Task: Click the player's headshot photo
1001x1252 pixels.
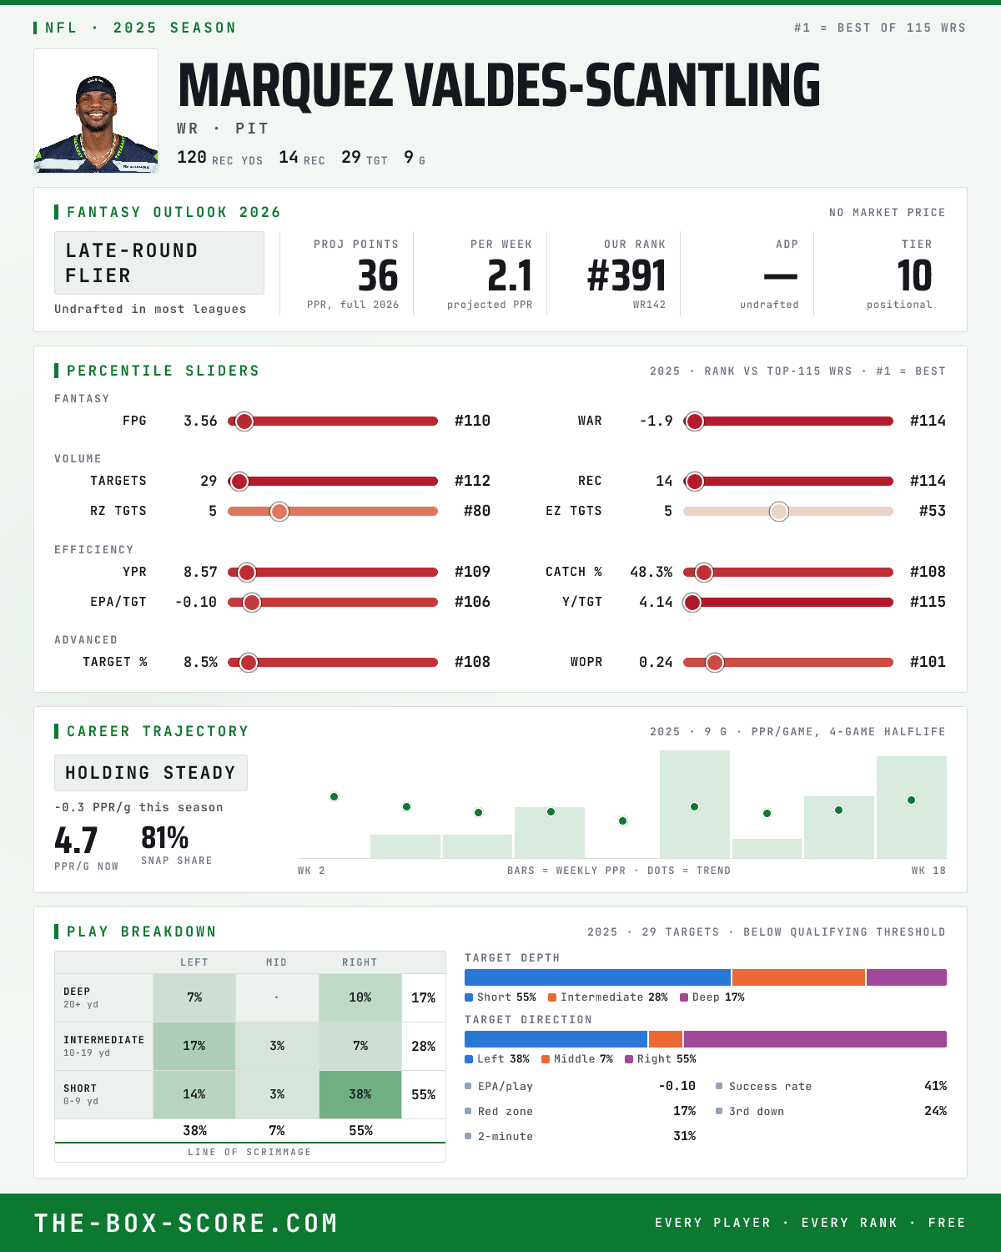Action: pos(96,111)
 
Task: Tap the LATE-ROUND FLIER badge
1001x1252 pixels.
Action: pos(158,263)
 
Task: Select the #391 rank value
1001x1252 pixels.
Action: pos(626,275)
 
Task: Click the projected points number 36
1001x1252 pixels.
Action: pos(378,275)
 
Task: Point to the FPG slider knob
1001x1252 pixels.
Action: pos(244,422)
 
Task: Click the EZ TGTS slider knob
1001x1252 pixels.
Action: pos(779,512)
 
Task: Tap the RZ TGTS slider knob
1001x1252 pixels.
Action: pos(279,512)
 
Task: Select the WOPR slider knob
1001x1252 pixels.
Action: pos(715,663)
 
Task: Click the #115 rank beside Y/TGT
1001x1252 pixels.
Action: pos(928,602)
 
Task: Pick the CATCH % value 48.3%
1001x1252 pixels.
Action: pos(651,572)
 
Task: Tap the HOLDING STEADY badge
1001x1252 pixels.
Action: pos(151,773)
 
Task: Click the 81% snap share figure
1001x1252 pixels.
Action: pos(164,838)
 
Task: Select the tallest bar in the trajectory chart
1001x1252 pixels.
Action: pos(695,804)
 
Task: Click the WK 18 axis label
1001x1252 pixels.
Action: pos(928,871)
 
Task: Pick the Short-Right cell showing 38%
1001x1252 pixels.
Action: pos(360,1094)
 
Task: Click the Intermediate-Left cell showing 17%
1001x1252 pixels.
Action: pos(194,1046)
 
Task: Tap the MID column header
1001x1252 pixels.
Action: pos(276,962)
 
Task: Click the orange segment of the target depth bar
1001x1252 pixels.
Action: pos(798,977)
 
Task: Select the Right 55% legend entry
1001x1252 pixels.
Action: pos(661,1059)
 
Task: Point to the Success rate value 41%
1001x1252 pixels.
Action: pos(935,1086)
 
